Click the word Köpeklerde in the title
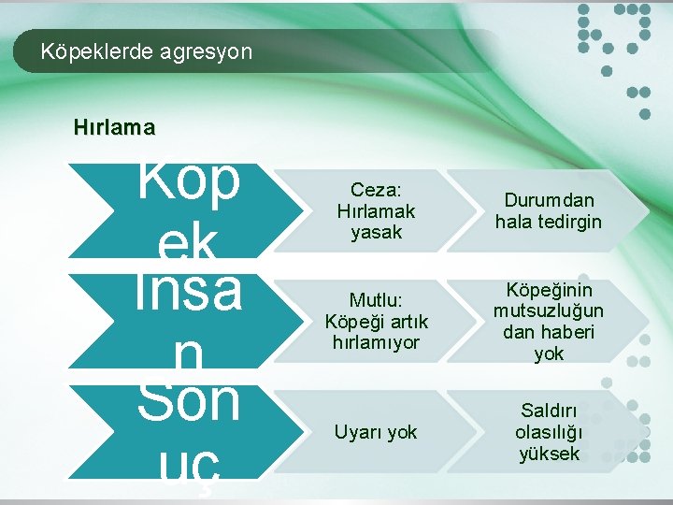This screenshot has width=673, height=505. pyautogui.click(x=87, y=51)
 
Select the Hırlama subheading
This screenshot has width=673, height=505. pyautogui.click(x=115, y=126)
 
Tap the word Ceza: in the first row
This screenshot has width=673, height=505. pyautogui.click(x=376, y=191)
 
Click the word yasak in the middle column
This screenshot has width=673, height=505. pyautogui.click(x=376, y=232)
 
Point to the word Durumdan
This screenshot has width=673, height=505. pyautogui.click(x=549, y=200)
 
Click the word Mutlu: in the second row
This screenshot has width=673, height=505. pyautogui.click(x=376, y=300)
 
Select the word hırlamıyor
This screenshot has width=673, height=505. pyautogui.click(x=376, y=342)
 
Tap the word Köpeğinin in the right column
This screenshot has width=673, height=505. pyautogui.click(x=549, y=290)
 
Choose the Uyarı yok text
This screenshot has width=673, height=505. pyautogui.click(x=376, y=432)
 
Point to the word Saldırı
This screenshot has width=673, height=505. pyautogui.click(x=549, y=411)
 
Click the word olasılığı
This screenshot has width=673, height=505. pyautogui.click(x=549, y=432)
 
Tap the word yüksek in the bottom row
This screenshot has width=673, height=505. pyautogui.click(x=549, y=454)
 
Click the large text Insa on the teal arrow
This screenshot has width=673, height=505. pyautogui.click(x=188, y=291)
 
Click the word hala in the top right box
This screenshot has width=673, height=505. pyautogui.click(x=513, y=222)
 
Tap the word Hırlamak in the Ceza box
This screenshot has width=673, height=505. pyautogui.click(x=376, y=211)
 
